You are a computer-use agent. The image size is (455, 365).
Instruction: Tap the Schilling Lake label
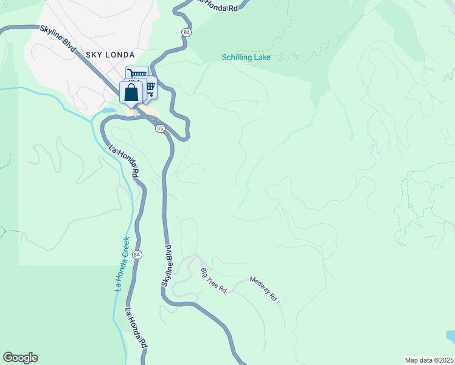246,58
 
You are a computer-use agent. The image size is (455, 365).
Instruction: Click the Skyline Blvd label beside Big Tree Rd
168,266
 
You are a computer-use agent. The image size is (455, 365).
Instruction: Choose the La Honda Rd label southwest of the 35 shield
124,161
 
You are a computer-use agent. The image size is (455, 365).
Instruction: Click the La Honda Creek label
122,264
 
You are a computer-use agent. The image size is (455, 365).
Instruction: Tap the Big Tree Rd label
214,280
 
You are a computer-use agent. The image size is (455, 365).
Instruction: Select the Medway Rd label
263,289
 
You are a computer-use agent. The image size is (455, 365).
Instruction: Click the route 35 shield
160,128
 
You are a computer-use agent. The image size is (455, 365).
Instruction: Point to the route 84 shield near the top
186,32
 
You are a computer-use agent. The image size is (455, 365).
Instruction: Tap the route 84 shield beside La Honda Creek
138,254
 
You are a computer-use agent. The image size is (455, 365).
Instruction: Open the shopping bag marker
131,93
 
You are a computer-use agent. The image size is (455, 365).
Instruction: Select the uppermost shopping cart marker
137,73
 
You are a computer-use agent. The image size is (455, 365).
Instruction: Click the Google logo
20,358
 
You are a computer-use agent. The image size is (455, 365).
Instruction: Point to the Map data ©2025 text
428,360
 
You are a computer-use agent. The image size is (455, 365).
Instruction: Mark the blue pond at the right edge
450,336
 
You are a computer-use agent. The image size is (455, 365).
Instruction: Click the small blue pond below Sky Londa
108,111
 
